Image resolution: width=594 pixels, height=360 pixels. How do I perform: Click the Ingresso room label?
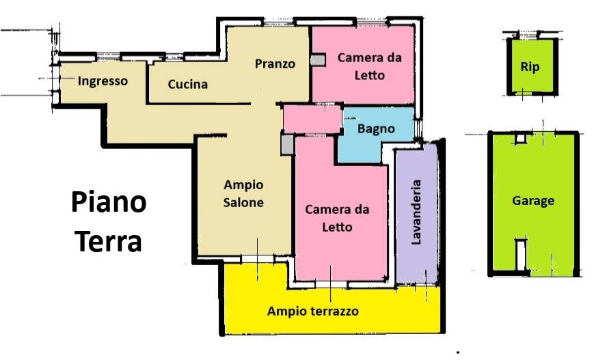coord(103,81)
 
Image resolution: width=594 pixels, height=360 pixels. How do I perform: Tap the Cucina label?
coord(187,85)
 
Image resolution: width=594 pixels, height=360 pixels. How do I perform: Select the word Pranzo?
coord(275,64)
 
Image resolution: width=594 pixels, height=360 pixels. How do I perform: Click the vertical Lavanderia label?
coord(416,212)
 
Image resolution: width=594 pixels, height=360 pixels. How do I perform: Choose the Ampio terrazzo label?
coord(312,311)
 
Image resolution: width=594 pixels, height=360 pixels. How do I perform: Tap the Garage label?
coord(533,201)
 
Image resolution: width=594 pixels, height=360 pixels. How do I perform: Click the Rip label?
coord(530,67)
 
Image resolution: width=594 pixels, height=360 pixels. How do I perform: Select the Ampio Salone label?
coord(244,193)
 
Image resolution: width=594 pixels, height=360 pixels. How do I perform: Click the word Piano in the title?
coord(109,203)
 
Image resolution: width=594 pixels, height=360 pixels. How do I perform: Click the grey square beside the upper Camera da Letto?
coord(318,60)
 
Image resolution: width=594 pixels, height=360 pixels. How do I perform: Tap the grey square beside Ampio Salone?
coord(288,143)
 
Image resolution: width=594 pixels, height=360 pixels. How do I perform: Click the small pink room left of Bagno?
coord(312,119)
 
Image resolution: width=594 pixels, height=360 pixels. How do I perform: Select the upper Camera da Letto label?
coord(369,66)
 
